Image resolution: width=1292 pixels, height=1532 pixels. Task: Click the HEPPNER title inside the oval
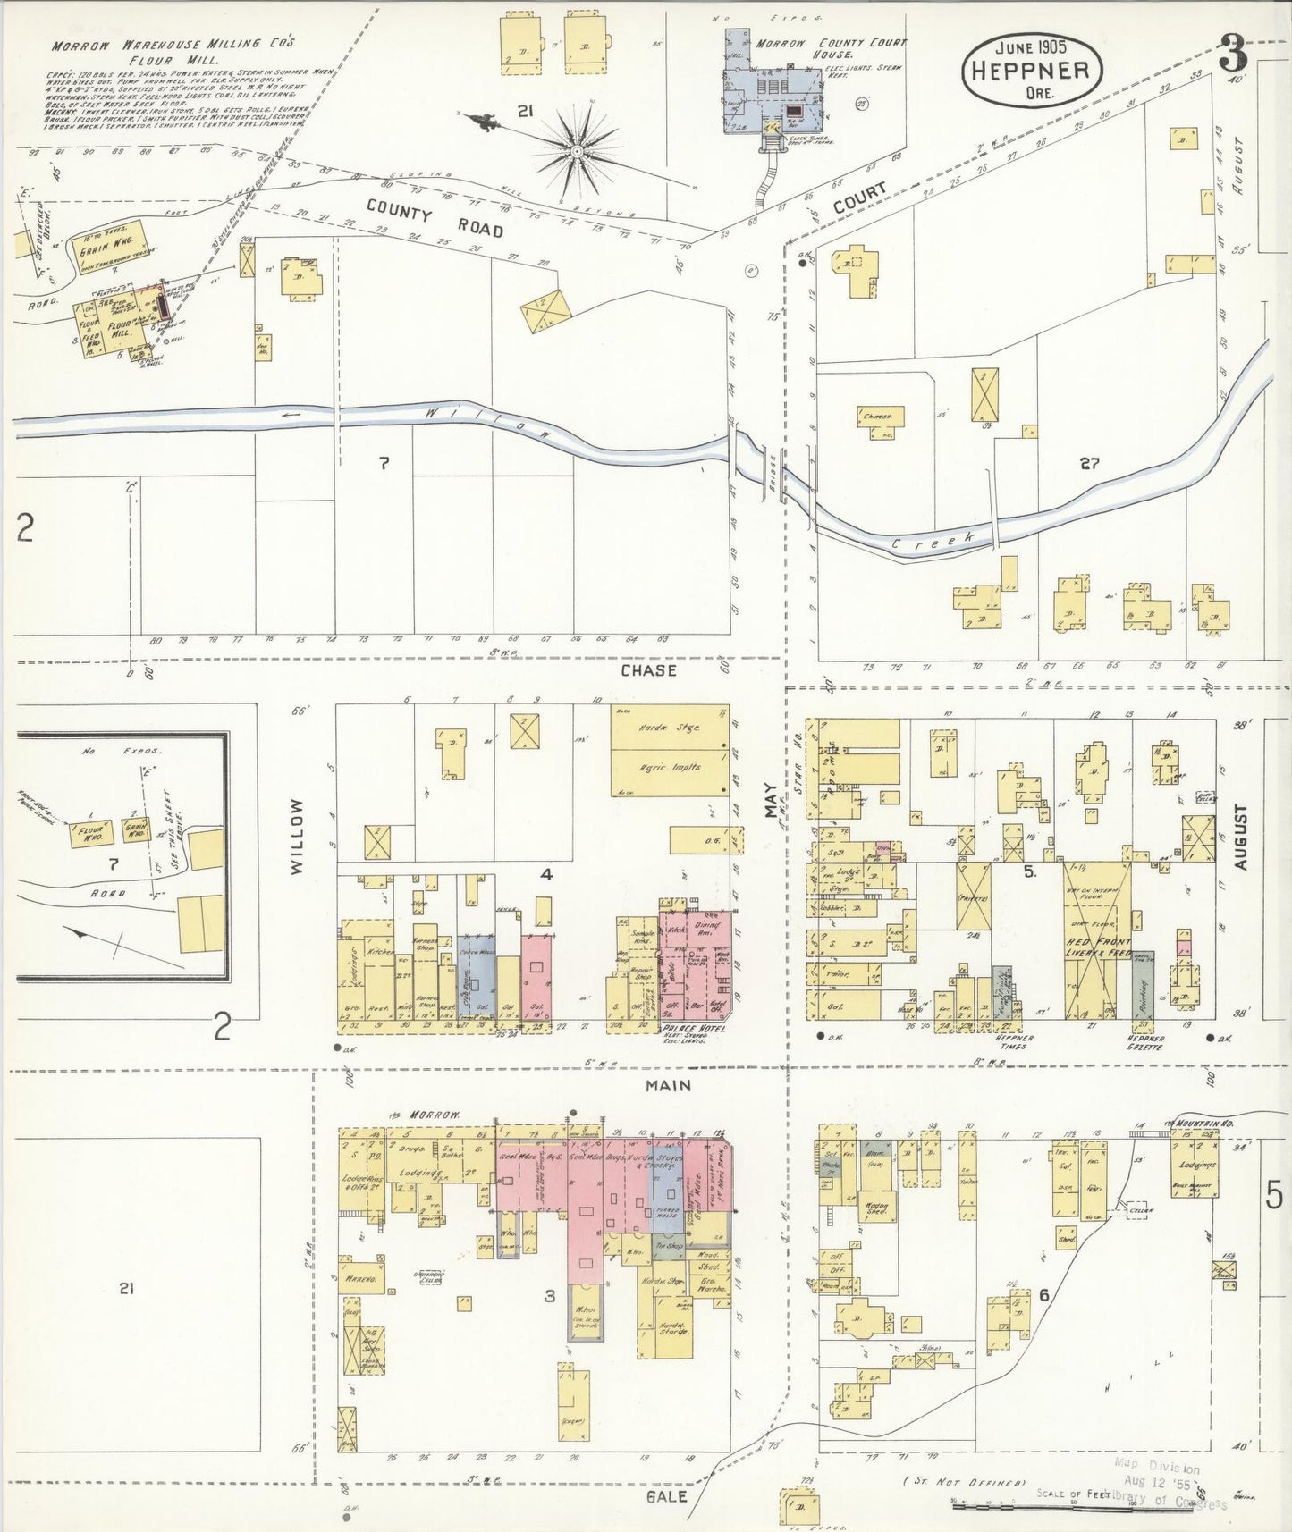tap(1031, 71)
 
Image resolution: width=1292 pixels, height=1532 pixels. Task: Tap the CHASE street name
tap(649, 670)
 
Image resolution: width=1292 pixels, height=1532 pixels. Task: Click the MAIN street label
tap(670, 1085)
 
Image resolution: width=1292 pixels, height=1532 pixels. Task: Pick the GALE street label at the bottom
tap(668, 1496)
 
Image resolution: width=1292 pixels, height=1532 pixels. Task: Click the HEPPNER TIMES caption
tap(1008, 1040)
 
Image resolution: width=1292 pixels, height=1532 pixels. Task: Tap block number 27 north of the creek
tap(1088, 463)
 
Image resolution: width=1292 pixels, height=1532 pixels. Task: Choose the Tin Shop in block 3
tap(669, 1245)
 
